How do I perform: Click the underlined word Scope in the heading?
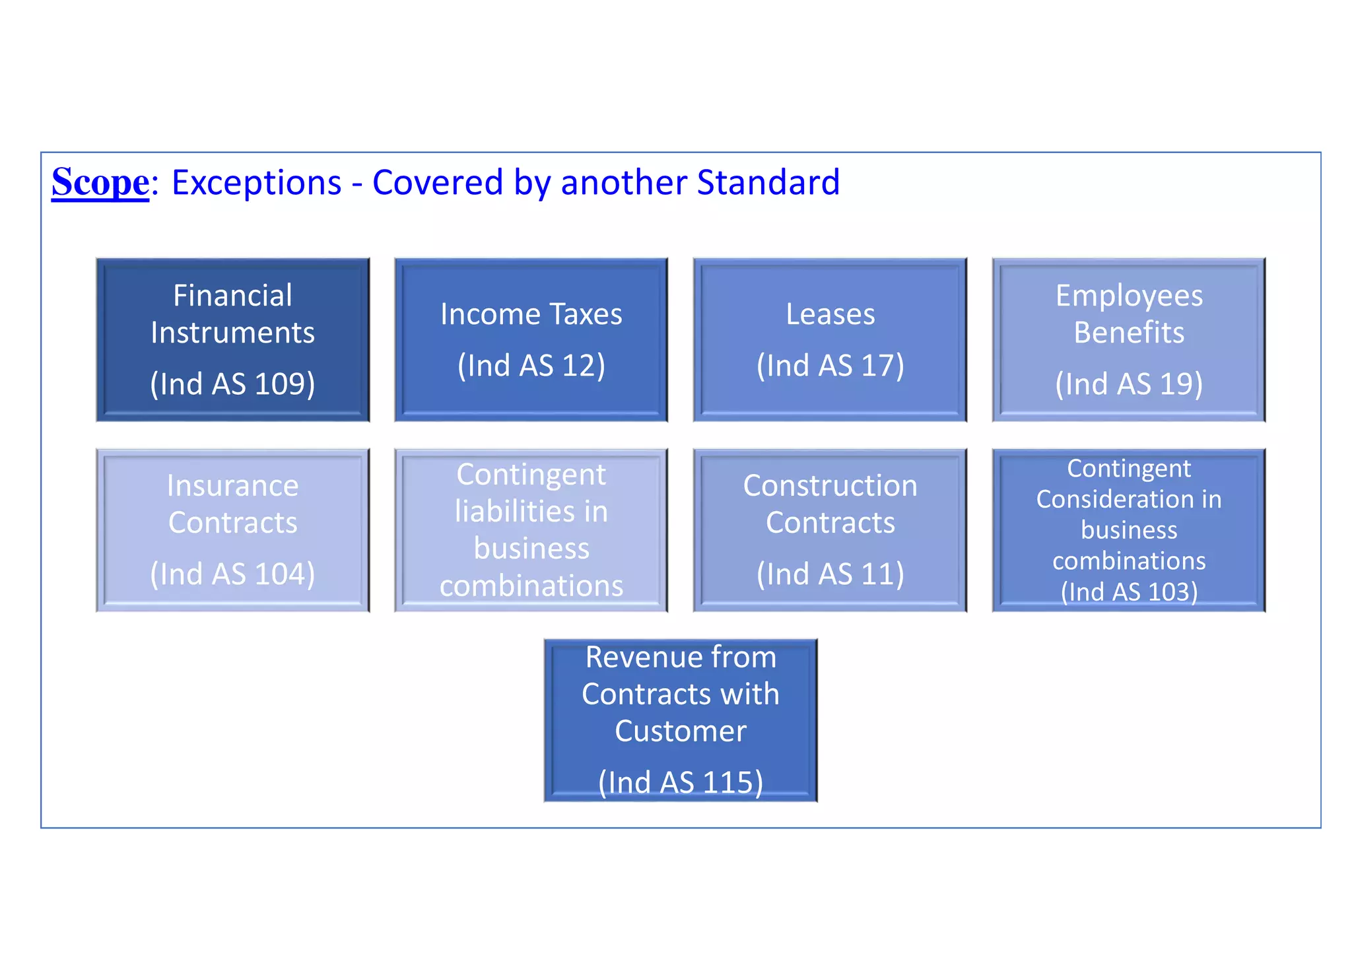click(100, 182)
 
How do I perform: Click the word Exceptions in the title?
click(256, 182)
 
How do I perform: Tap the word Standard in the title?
click(768, 182)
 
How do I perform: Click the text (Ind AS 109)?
click(232, 384)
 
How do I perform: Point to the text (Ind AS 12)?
click(531, 365)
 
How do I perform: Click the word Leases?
click(830, 314)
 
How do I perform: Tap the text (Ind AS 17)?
click(830, 365)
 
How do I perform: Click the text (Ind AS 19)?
click(1129, 384)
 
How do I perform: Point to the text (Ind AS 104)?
click(232, 574)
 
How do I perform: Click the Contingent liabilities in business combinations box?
click(531, 530)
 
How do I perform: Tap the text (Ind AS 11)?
click(830, 574)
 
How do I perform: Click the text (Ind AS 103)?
click(1129, 592)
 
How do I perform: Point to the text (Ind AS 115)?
click(681, 782)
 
